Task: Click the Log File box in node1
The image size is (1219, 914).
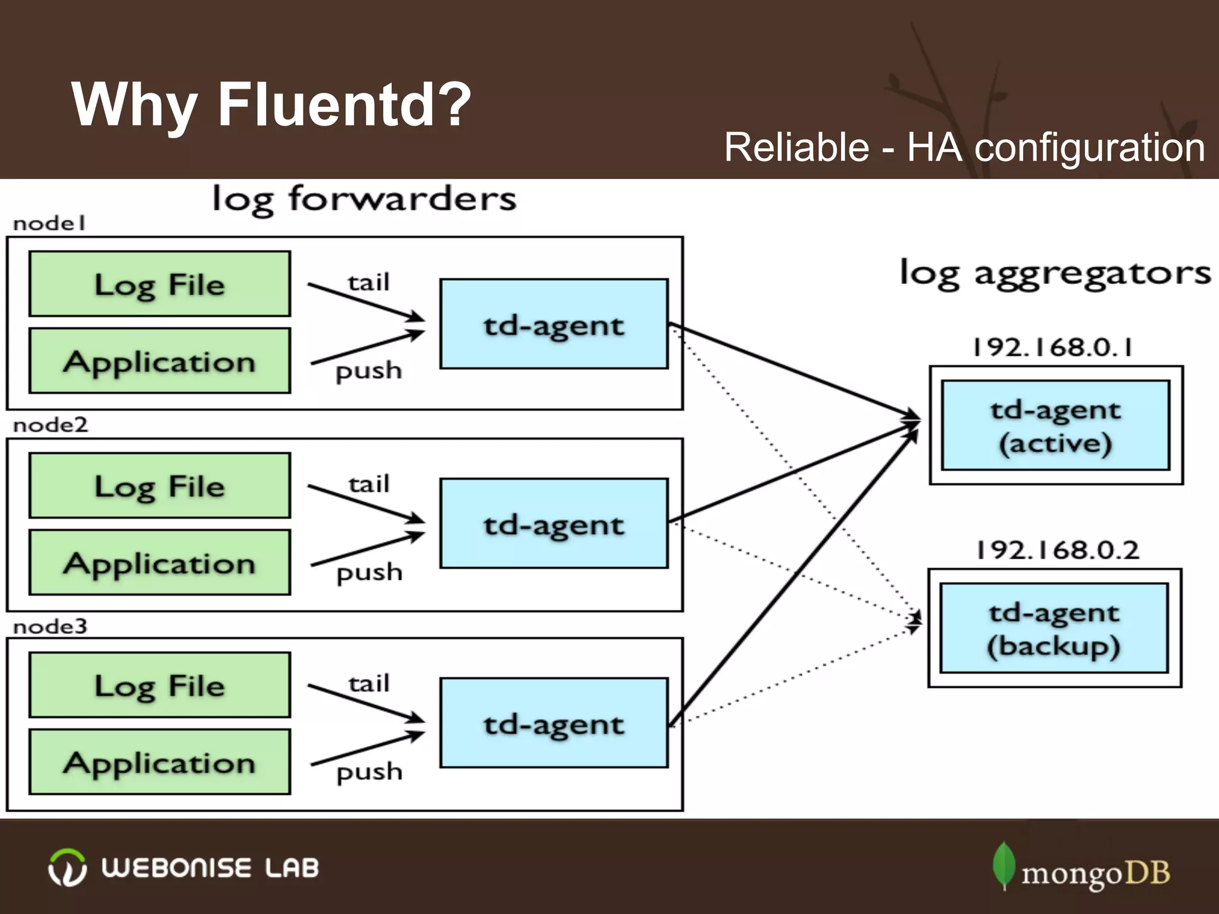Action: coord(160,284)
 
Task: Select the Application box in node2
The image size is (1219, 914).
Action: coord(160,562)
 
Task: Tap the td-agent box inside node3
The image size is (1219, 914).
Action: coord(554,722)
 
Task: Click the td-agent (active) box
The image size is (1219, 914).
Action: coord(1055,425)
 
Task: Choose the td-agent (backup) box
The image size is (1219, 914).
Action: coord(1054,628)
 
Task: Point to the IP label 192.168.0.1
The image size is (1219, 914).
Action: coord(1052,347)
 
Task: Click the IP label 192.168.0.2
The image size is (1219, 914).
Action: coord(1057,549)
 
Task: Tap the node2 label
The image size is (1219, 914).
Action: coord(51,425)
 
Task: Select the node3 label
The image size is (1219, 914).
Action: coord(51,627)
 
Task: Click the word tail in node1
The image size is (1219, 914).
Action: coord(368,282)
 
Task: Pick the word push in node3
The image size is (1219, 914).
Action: coord(370,772)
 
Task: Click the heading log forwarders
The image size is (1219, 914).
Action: coord(364,199)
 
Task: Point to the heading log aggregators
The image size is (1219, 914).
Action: coord(1055,274)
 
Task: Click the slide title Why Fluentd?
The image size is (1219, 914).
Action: coord(271,105)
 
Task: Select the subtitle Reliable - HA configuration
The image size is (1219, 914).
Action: coord(964,148)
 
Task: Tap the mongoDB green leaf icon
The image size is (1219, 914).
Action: coord(1004,866)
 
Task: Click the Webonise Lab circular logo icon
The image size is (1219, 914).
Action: coord(67,868)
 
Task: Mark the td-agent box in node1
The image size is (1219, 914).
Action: coord(554,324)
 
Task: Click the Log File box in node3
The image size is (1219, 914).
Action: coord(160,685)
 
